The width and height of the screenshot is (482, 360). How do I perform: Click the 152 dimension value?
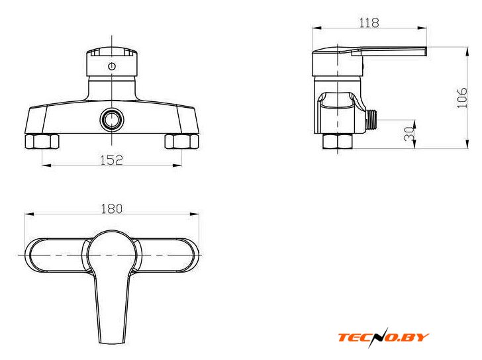tap(112, 159)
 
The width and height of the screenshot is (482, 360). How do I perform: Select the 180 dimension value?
tap(112, 209)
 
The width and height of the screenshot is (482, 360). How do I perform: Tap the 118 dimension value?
tap(369, 22)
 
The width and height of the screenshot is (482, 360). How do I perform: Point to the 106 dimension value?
tap(462, 98)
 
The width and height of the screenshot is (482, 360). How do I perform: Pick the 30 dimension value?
tap(409, 134)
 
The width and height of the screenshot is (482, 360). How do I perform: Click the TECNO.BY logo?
tap(383, 337)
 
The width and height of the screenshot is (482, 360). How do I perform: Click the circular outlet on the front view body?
tap(112, 120)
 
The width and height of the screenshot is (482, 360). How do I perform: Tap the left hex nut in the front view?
tap(42, 142)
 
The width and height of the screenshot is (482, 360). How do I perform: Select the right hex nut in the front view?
tap(181, 142)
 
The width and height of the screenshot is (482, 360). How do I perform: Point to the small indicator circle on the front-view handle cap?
tap(112, 66)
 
